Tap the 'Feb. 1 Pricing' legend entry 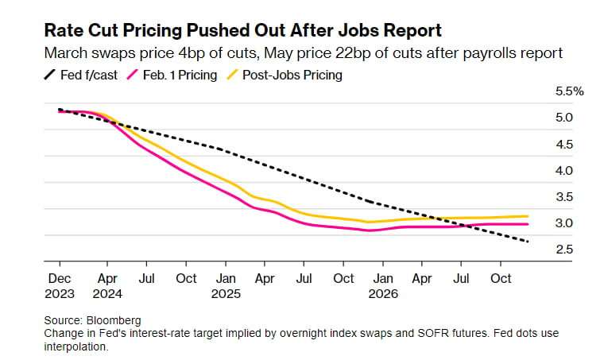174,75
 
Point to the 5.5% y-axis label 570,91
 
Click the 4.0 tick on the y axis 564,170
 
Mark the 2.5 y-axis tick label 564,250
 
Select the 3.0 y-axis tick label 564,223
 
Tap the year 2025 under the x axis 226,293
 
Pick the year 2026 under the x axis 382,293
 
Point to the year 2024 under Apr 108,293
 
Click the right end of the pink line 529,224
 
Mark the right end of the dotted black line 529,242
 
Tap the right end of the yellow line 529,216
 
